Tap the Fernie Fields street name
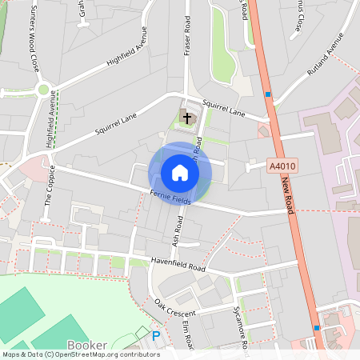click(170, 198)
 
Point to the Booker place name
click(87, 345)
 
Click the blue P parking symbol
click(156, 337)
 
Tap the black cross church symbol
click(187, 118)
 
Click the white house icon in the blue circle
click(179, 173)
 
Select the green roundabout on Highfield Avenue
click(43, 90)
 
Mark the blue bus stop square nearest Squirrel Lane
click(268, 94)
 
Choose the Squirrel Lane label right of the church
click(223, 108)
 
